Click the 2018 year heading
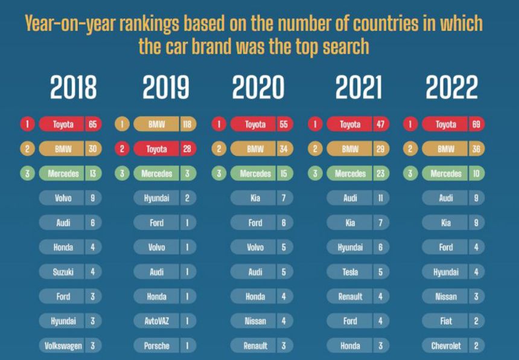[x=73, y=88]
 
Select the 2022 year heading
[x=451, y=88]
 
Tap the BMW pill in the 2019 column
[x=156, y=124]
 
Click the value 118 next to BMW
[x=188, y=124]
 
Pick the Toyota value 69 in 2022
[x=476, y=124]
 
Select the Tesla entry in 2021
[x=350, y=272]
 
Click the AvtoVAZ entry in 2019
[x=156, y=321]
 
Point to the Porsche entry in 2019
[x=156, y=346]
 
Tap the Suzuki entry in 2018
[x=63, y=272]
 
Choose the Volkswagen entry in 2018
[x=63, y=346]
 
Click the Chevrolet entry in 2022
[x=445, y=346]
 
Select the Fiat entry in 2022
[x=445, y=321]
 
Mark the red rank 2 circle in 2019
[x=122, y=149]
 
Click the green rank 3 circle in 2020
[x=220, y=174]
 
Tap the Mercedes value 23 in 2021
[x=380, y=174]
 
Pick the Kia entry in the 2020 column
[x=255, y=198]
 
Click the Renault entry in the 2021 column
[x=350, y=297]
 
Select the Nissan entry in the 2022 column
[x=445, y=297]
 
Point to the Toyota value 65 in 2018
[x=93, y=124]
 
